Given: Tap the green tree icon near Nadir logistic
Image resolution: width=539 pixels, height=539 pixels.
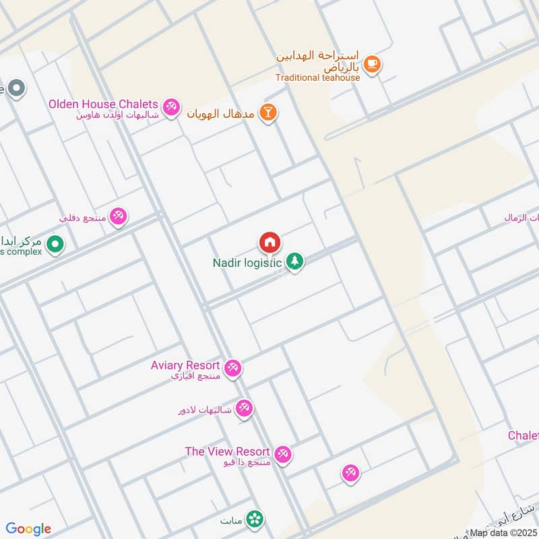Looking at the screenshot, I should pyautogui.click(x=294, y=261).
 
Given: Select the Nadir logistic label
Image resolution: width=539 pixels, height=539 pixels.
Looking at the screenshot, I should pyautogui.click(x=247, y=263).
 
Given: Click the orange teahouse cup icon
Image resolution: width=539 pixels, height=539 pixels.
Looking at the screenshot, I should pyautogui.click(x=371, y=64).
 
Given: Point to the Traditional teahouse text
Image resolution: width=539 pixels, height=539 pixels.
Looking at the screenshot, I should pyautogui.click(x=317, y=77).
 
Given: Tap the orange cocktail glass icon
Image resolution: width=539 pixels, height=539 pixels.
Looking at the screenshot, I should pyautogui.click(x=268, y=113).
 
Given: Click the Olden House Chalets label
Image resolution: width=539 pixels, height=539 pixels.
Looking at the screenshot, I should pyautogui.click(x=103, y=104).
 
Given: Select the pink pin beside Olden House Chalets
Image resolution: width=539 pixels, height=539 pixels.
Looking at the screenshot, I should pyautogui.click(x=171, y=107).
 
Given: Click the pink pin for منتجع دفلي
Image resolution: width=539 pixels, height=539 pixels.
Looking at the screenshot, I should pyautogui.click(x=119, y=216).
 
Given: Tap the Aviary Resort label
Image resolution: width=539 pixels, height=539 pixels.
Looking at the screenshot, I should pyautogui.click(x=185, y=365).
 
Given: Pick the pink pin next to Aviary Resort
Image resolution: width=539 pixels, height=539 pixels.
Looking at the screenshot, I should pyautogui.click(x=233, y=368).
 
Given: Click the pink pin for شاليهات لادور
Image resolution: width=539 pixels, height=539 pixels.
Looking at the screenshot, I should pyautogui.click(x=244, y=408).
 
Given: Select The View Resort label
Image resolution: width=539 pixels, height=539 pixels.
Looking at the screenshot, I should pyautogui.click(x=227, y=451).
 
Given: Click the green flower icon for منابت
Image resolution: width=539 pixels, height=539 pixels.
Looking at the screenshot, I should pyautogui.click(x=255, y=519).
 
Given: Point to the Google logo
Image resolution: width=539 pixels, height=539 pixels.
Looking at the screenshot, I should pyautogui.click(x=28, y=529).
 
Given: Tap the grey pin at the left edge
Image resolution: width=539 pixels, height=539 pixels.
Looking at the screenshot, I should pyautogui.click(x=16, y=88).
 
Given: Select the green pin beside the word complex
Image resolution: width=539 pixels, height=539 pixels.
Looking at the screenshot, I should pyautogui.click(x=55, y=244).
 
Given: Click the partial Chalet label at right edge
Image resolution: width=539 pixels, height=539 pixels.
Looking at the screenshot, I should pyautogui.click(x=524, y=436).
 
